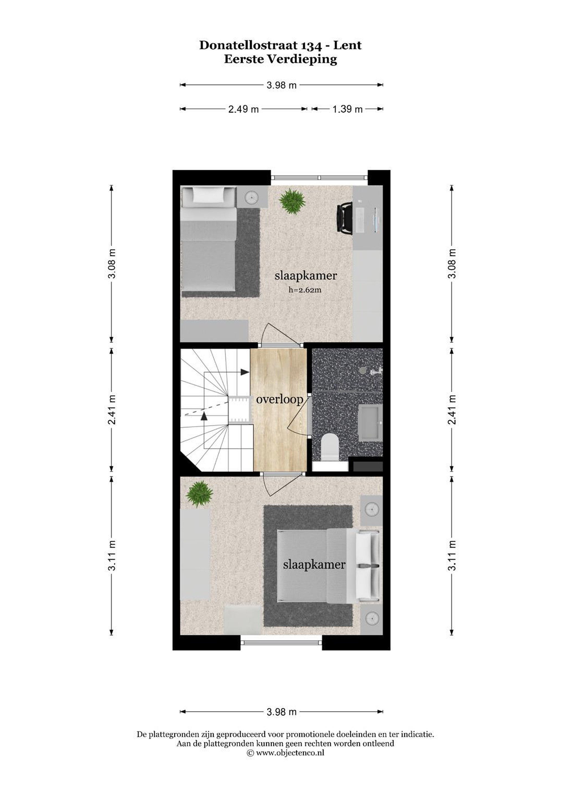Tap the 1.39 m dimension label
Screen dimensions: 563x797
[347, 109]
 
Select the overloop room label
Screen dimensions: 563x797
[280, 400]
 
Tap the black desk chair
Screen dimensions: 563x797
[345, 218]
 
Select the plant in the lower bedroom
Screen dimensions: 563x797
[199, 494]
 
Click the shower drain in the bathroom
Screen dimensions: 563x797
[362, 371]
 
